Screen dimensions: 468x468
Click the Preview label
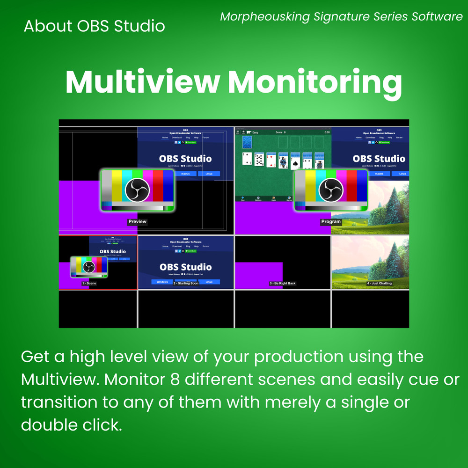[137, 222]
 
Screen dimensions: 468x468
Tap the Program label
[331, 222]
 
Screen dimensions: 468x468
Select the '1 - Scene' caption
[88, 283]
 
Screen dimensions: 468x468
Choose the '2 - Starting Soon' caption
[186, 283]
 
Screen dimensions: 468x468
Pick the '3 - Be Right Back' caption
[283, 283]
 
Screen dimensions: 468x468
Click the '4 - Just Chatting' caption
[379, 283]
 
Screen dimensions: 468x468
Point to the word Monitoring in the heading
[314, 82]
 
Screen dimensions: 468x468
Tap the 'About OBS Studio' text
[94, 26]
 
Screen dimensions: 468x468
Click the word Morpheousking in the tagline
[265, 17]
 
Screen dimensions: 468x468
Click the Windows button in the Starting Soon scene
[162, 282]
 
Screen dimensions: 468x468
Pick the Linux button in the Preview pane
[209, 174]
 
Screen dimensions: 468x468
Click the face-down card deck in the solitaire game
[247, 142]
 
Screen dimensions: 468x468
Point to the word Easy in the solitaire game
[255, 132]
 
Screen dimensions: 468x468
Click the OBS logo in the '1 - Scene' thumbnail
[88, 267]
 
